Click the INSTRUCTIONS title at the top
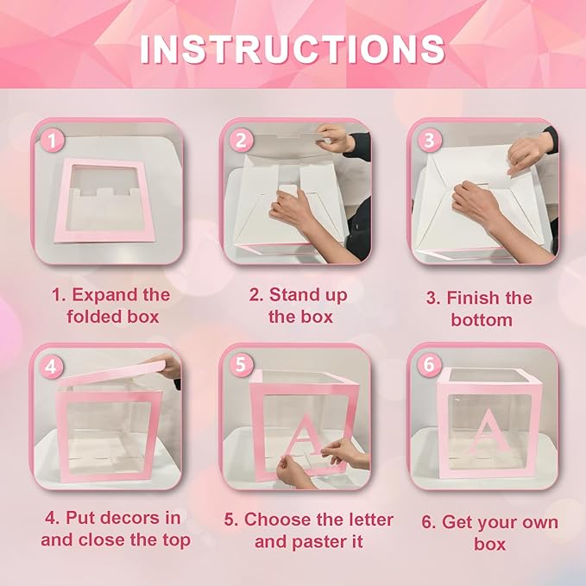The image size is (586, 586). click(293, 48)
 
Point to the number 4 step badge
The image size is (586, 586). click(54, 365)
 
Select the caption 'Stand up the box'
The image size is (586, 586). click(298, 306)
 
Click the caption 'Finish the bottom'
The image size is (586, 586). click(481, 309)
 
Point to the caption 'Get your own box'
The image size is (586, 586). click(488, 533)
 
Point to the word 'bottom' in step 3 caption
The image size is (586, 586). click(481, 320)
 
